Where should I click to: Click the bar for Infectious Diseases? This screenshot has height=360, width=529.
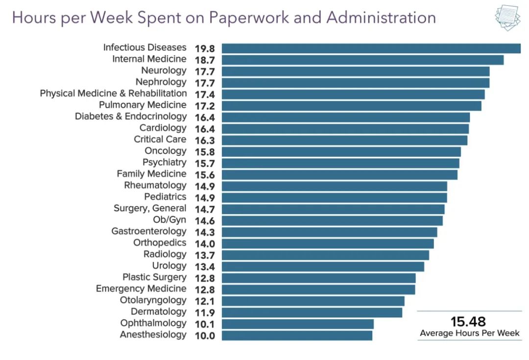(371, 48)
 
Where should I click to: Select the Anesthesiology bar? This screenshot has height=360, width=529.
(297, 336)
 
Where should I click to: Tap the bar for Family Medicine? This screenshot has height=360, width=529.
(339, 174)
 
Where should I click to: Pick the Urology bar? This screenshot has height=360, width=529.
(323, 266)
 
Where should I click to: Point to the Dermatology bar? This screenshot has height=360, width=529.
(312, 312)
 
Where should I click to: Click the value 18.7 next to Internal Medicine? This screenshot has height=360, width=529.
(204, 60)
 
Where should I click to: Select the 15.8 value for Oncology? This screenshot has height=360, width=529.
(204, 152)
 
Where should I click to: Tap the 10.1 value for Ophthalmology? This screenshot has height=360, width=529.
(204, 324)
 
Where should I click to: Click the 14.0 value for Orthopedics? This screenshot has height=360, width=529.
(204, 243)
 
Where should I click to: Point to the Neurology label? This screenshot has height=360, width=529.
(164, 71)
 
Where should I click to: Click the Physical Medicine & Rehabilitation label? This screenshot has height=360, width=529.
(113, 93)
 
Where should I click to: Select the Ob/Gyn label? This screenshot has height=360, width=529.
(169, 219)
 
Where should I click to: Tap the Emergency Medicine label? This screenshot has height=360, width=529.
(141, 288)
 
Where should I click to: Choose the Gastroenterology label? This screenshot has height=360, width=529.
(149, 231)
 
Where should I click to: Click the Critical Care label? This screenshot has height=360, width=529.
(160, 139)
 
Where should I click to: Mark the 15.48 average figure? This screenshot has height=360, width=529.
(468, 321)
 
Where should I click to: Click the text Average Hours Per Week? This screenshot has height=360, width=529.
(469, 334)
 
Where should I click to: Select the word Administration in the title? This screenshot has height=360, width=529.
(381, 18)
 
